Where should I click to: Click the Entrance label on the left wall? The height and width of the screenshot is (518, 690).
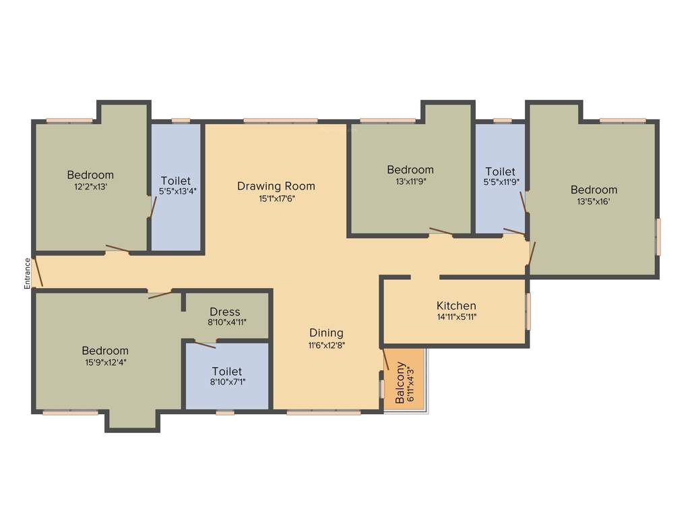coord(28,273)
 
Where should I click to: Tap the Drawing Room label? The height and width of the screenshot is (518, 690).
coord(276,186)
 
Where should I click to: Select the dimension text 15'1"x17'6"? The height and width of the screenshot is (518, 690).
coord(276,199)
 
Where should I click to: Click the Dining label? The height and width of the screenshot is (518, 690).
coord(326,333)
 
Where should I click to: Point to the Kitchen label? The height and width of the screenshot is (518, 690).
coord(456,306)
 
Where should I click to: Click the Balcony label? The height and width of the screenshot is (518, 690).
coord(400,383)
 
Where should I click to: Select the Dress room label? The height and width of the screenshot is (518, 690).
coord(224,312)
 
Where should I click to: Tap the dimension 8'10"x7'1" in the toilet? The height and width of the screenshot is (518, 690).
coord(227,384)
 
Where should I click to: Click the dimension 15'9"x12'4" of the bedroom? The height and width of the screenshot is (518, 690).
coord(105,362)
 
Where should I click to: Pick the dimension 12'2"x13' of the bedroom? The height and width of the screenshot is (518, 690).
coord(90,187)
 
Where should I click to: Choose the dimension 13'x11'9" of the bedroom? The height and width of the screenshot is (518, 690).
coord(410,181)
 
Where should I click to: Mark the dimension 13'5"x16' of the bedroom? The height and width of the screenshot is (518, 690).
coord(594,201)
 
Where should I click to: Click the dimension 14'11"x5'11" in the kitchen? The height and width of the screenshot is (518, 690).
coord(456,317)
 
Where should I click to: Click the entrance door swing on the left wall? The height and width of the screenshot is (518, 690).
coord(39,271)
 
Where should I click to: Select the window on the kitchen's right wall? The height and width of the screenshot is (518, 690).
coord(528,311)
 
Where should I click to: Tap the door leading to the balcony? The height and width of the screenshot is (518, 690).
coord(386,359)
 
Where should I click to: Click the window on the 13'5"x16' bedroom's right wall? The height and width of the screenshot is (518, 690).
coord(658,236)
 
